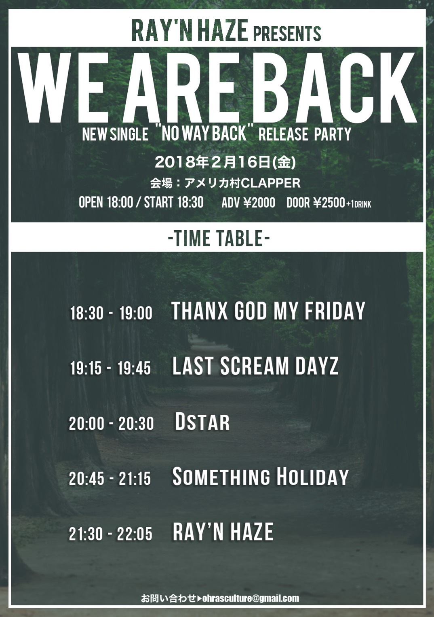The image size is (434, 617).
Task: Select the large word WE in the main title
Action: [x=64, y=89]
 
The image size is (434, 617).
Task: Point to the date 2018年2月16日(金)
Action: [x=225, y=162]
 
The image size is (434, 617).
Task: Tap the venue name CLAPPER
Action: [x=271, y=183]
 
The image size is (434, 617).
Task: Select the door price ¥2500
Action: [x=329, y=202]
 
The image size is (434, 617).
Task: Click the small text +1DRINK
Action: [x=359, y=204]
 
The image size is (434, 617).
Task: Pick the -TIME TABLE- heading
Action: [x=219, y=238]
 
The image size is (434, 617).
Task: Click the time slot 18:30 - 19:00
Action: [x=111, y=313]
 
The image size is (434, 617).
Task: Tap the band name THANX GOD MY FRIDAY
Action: [x=268, y=310]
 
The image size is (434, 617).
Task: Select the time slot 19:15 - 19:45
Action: [x=111, y=368]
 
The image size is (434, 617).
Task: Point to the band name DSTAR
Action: [x=202, y=422]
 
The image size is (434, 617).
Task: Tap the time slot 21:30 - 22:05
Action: [x=111, y=533]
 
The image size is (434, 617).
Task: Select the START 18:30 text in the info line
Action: [x=174, y=202]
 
